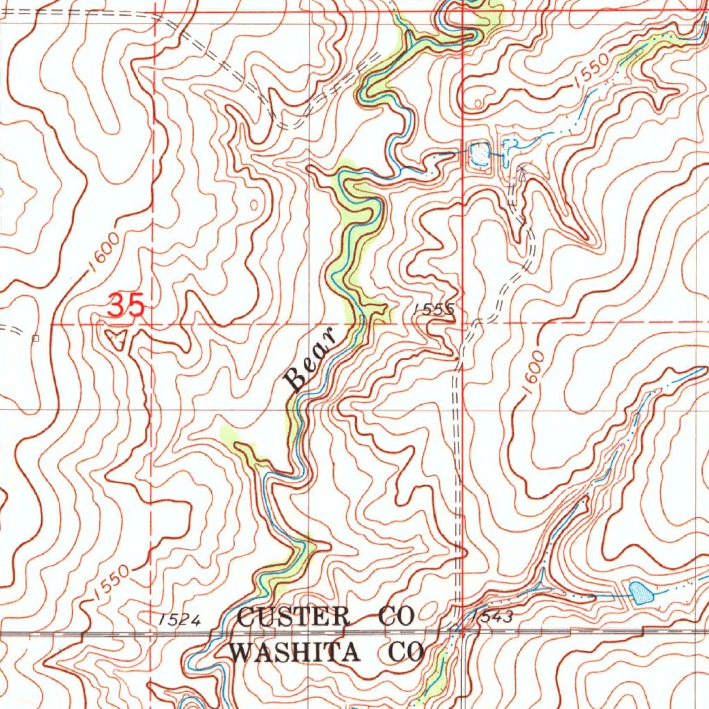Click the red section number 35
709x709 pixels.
point(127,305)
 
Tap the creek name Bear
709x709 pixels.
point(310,359)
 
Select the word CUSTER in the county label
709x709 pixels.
point(294,616)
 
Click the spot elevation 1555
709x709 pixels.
point(435,311)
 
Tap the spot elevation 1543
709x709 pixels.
point(493,618)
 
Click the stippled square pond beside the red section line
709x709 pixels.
point(478,154)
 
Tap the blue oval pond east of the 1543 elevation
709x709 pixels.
point(640,591)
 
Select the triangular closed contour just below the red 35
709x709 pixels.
point(118,339)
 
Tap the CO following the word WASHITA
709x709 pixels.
point(405,652)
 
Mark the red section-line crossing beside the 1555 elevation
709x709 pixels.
point(462,323)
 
